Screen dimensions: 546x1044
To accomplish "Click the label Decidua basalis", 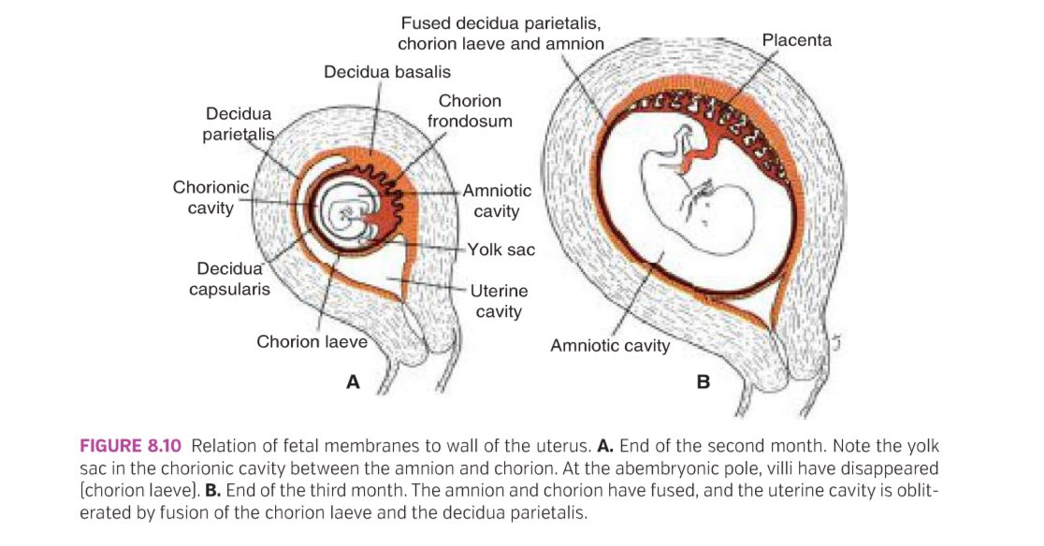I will (386, 72).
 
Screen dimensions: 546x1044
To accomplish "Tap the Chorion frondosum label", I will (470, 110).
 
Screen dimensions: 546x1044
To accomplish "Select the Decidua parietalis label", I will (239, 123).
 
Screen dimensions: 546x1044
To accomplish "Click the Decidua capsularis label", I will (229, 280).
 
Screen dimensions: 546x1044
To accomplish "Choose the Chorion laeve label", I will (312, 341).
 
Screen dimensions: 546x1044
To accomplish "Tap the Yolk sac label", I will (501, 250).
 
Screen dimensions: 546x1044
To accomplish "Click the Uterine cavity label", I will (498, 301).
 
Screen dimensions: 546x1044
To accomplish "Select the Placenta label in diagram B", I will (796, 40).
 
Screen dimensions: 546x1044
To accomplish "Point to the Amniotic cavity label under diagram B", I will (610, 346).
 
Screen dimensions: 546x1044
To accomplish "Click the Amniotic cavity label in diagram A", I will (496, 200).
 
